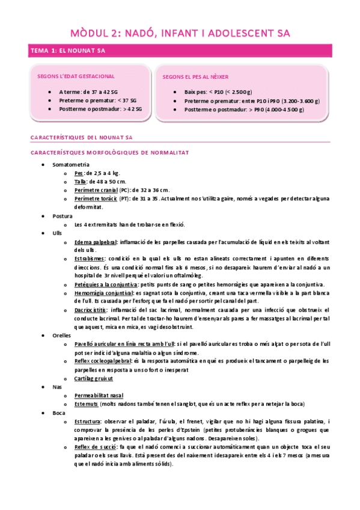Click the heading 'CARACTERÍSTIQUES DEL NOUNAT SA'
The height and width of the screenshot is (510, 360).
[x=81, y=138]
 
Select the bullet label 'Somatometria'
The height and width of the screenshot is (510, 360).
[x=71, y=164]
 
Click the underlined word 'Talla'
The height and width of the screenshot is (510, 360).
[x=81, y=181]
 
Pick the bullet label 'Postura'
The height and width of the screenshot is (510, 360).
[x=63, y=215]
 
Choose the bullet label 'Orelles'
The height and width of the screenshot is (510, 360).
[x=63, y=335]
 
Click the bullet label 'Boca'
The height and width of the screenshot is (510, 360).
[x=59, y=413]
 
